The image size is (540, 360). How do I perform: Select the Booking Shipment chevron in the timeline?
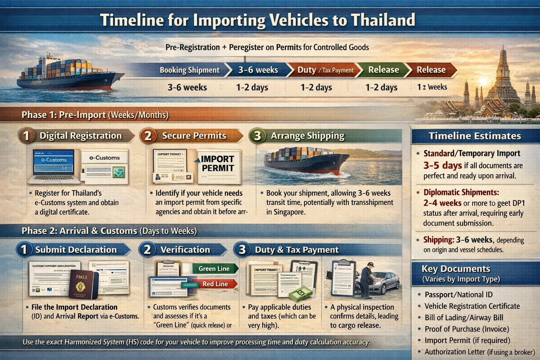pos(189,70)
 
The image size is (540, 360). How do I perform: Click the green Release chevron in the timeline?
pos(383,70)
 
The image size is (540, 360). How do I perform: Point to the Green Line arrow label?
pos(214,269)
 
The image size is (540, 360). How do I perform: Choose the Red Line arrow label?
pos(215,284)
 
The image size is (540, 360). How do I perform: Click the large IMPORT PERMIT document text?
pos(218,163)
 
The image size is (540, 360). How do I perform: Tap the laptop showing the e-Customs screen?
pos(54,165)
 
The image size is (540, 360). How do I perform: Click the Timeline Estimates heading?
pos(475,136)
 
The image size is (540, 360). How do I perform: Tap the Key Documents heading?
pos(456,269)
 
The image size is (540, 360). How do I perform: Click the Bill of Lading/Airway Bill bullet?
pos(464,317)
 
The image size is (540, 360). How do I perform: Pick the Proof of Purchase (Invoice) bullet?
pos(467,329)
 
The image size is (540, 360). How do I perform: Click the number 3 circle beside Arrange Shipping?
pos(257,136)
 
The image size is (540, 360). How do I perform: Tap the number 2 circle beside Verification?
pos(147,250)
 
